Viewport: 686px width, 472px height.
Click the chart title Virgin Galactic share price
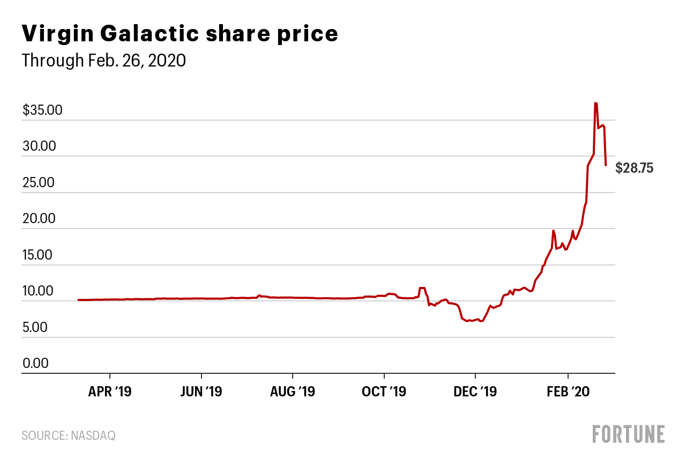tap(180, 34)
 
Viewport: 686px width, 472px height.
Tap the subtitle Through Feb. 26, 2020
tap(103, 61)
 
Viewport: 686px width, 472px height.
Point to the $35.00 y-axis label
tap(43, 110)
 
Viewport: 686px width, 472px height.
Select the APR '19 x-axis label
tap(110, 392)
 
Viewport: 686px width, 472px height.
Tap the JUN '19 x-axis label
tap(201, 392)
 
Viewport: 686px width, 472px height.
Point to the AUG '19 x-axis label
tap(293, 392)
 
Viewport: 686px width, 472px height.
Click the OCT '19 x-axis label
tap(384, 392)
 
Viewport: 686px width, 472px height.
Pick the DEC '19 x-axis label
tap(475, 392)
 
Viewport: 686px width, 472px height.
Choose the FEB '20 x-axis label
tap(568, 392)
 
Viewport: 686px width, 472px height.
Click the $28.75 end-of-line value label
tap(635, 168)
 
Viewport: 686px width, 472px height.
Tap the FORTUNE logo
tap(629, 434)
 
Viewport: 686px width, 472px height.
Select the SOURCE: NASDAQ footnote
tap(69, 436)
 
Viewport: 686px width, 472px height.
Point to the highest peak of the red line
tap(595, 103)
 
